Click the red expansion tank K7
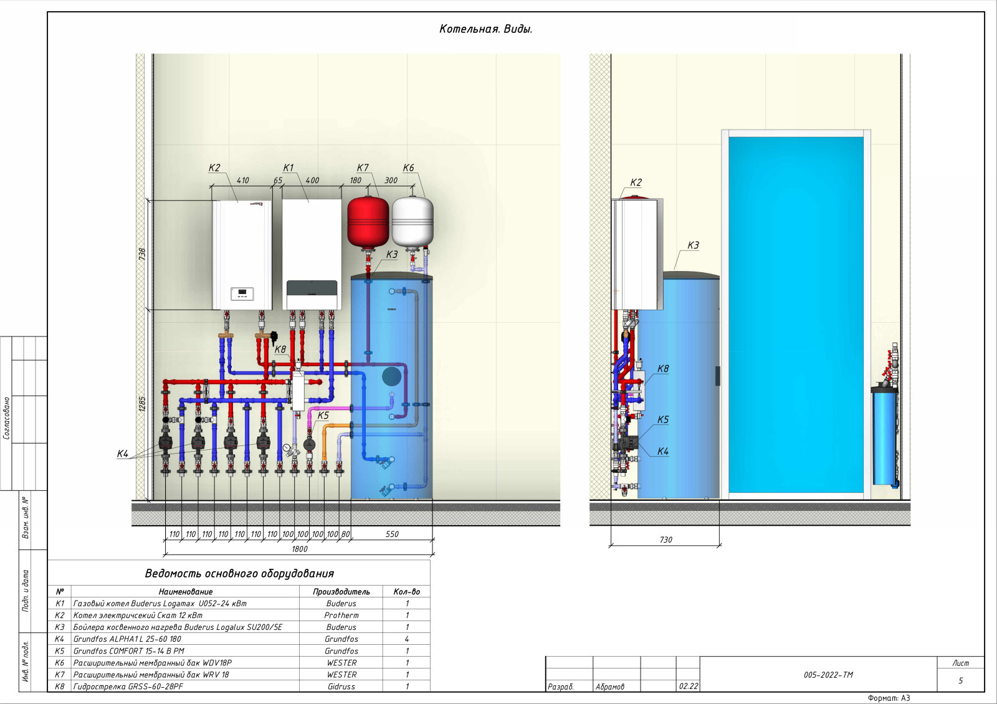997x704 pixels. click(368, 222)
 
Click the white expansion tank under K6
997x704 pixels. click(413, 222)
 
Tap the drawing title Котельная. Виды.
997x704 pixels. click(485, 29)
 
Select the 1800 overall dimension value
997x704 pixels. click(300, 549)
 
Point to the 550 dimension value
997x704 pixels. click(392, 534)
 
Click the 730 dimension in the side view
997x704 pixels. click(665, 540)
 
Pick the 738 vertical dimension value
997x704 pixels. click(142, 254)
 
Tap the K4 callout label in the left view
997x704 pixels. click(122, 454)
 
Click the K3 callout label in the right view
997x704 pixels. click(693, 245)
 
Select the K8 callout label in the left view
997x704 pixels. click(280, 350)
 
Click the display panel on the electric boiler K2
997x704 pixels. click(242, 293)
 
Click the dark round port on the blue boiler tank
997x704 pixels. click(391, 376)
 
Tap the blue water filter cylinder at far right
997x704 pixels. click(884, 436)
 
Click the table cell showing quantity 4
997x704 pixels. click(407, 639)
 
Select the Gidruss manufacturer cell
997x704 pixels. click(341, 686)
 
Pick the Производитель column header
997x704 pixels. click(341, 591)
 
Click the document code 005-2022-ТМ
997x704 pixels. click(828, 675)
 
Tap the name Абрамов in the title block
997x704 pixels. click(610, 687)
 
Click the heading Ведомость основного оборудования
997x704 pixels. click(239, 573)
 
